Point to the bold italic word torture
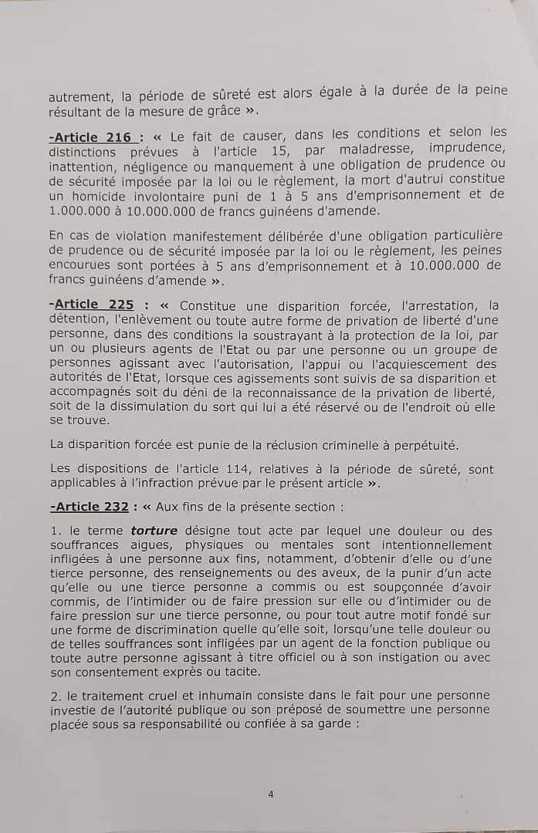coord(154,531)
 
